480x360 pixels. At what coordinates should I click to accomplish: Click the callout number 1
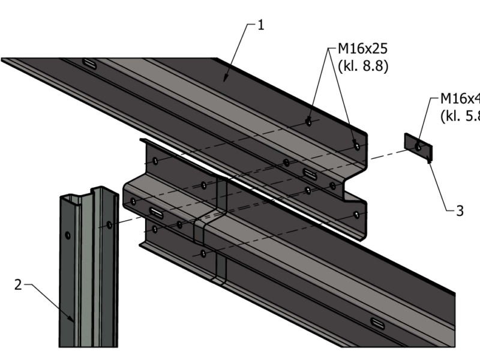pos(261,25)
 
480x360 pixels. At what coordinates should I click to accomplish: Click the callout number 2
pos(18,284)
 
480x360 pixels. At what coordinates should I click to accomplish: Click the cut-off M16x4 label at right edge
pos(460,98)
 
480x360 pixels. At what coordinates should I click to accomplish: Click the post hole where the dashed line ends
pos(109,224)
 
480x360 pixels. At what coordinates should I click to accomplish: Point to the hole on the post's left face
pos(68,234)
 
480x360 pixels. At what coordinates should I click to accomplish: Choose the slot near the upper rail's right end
pos(310,173)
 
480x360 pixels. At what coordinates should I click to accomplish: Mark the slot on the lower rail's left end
pos(155,212)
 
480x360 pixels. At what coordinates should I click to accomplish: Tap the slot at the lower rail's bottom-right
pos(379,324)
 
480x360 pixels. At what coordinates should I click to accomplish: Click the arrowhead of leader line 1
pos(225,79)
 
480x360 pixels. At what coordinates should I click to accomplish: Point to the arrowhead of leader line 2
pos(73,321)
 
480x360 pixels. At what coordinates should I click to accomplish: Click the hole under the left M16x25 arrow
pos(308,122)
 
